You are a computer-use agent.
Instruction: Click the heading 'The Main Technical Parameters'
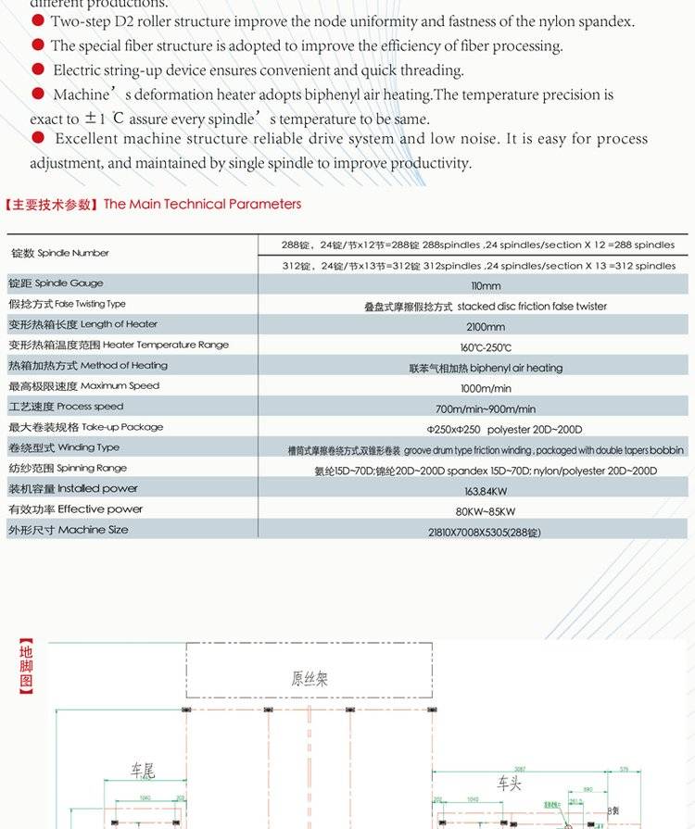tap(202, 204)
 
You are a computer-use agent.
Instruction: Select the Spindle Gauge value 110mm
tap(486, 286)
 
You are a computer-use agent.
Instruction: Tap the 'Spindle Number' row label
tap(60, 253)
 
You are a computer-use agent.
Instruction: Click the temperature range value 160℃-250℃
tap(486, 347)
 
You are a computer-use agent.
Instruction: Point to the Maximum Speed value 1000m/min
tap(486, 389)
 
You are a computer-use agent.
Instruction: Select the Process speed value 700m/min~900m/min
tap(486, 409)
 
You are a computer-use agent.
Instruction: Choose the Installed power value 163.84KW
tap(486, 491)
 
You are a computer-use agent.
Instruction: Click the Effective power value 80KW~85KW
tap(486, 511)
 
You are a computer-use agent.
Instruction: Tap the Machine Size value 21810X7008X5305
tap(485, 533)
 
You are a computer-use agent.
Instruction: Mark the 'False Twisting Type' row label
tap(67, 304)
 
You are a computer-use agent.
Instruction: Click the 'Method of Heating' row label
tap(88, 365)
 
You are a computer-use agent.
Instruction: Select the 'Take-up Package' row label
tap(85, 427)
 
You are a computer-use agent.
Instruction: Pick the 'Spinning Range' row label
tap(68, 468)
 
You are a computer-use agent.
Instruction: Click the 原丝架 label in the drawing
tap(310, 679)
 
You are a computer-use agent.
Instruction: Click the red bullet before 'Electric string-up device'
tap(38, 69)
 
